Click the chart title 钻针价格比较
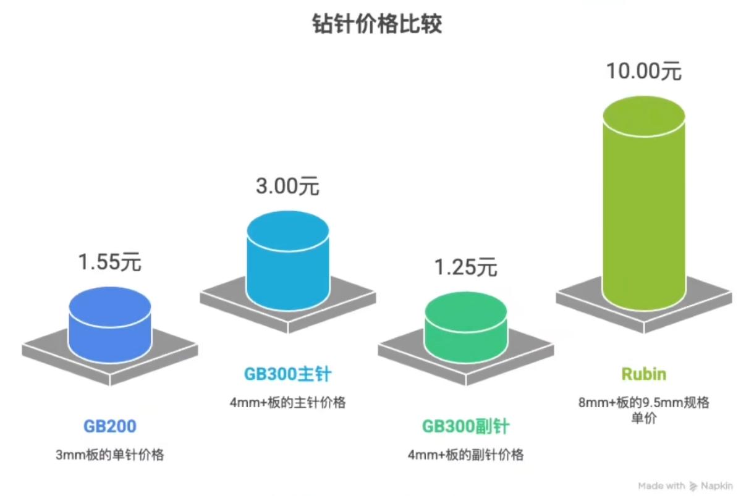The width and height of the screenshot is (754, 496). click(x=377, y=24)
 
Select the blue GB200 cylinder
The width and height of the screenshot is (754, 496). click(x=110, y=327)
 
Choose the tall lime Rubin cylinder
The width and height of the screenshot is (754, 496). click(x=644, y=204)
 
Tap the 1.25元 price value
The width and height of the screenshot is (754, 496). click(x=466, y=267)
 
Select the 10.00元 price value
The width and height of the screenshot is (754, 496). click(x=644, y=71)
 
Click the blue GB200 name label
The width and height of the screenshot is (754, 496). click(x=110, y=426)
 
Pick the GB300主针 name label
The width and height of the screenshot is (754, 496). click(x=288, y=374)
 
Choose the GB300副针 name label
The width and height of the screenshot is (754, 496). click(x=466, y=426)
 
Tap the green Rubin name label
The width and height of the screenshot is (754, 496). click(x=644, y=374)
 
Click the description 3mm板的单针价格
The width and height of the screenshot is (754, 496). click(x=110, y=455)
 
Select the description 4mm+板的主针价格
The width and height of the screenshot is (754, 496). click(x=288, y=403)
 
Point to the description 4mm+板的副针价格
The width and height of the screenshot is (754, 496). click(x=466, y=455)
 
